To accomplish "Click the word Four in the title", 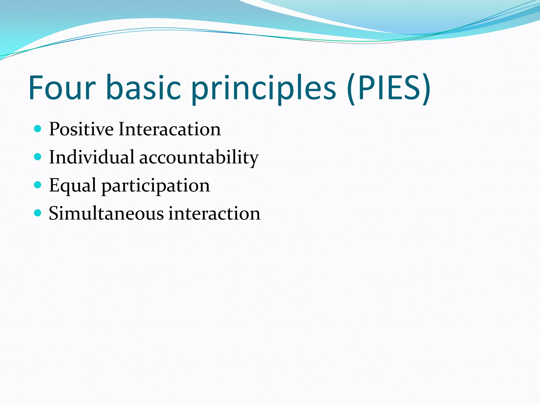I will coord(62,88).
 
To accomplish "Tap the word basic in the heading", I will coord(144,88).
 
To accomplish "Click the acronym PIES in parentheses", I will coord(389,88).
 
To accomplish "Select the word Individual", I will coord(91,157).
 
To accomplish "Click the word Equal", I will coord(73,186).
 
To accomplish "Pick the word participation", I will coord(156,186).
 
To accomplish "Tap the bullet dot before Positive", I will coord(38,129).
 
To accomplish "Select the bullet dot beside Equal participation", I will coord(38,185).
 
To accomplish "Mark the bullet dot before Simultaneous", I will coord(38,213).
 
